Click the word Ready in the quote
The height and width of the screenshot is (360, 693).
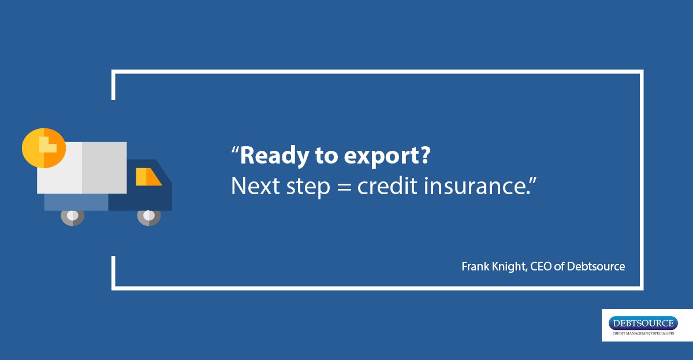[x=270, y=157]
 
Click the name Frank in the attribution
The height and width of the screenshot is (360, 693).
[x=474, y=266]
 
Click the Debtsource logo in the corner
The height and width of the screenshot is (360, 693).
[x=647, y=325]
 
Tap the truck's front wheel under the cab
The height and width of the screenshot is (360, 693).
[x=148, y=216]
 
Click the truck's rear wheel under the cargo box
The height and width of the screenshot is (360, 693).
[x=72, y=216]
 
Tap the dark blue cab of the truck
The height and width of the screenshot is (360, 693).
[x=144, y=194]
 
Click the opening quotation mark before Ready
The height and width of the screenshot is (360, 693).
[x=234, y=151]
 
